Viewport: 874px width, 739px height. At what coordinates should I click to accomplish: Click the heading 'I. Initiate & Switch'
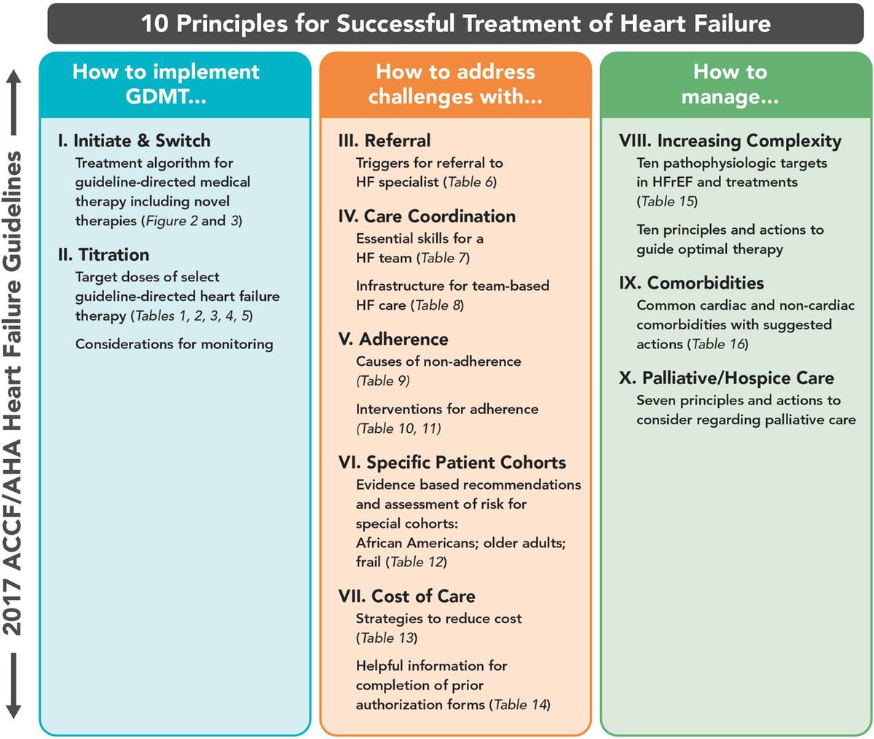point(134,141)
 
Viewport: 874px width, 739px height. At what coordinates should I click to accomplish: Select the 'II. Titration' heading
point(103,254)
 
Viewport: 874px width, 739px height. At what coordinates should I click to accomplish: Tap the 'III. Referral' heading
point(385,141)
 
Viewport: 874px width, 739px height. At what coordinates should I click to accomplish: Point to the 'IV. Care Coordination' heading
point(427,216)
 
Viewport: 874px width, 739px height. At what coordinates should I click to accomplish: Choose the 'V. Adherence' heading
point(393,339)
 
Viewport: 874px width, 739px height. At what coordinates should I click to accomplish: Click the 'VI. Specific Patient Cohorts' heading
point(452,463)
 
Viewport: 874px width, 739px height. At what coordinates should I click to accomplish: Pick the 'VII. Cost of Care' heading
point(406,596)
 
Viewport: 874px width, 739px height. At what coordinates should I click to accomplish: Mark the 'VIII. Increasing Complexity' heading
point(730,141)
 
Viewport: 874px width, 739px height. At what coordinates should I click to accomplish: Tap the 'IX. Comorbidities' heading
point(691,283)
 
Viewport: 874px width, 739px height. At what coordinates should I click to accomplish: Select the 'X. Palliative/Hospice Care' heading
point(726,378)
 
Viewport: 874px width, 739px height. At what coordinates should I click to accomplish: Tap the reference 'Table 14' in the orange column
point(520,705)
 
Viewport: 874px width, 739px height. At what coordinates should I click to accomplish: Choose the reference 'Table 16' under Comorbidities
point(717,344)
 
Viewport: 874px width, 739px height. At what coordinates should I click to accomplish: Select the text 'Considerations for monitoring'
point(174,344)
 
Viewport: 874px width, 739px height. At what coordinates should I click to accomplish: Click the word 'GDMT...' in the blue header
point(166,96)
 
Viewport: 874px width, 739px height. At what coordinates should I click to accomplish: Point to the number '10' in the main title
point(154,23)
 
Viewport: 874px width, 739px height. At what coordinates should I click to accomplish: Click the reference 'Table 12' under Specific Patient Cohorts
point(417,562)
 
